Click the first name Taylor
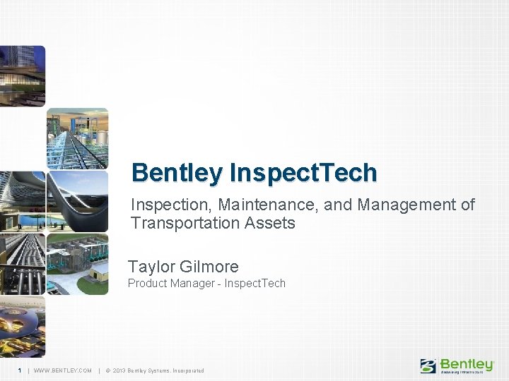click(x=151, y=267)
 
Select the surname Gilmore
click(x=209, y=267)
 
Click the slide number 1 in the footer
click(x=20, y=370)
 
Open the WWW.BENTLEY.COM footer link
click(x=62, y=370)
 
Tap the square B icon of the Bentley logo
click(x=428, y=365)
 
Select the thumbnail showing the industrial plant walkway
click(x=77, y=138)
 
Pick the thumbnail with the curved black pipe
click(x=77, y=201)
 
